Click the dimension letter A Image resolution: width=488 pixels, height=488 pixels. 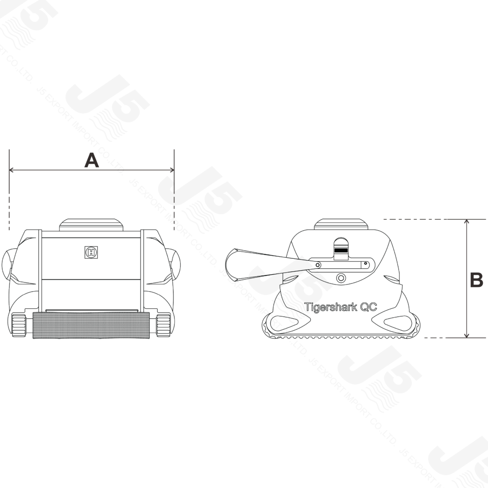click(x=91, y=160)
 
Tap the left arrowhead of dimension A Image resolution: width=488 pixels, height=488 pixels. click(x=11, y=170)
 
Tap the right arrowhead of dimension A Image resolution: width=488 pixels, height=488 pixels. click(x=172, y=170)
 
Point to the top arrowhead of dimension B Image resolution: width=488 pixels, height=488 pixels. click(x=466, y=222)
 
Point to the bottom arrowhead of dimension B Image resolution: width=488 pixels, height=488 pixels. click(x=466, y=335)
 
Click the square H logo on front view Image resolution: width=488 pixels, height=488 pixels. click(x=91, y=252)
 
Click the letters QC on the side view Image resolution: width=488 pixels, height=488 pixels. click(x=368, y=307)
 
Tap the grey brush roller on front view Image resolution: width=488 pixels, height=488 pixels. click(x=91, y=325)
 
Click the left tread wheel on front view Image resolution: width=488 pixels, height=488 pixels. click(x=19, y=325)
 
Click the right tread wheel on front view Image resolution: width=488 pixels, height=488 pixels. click(x=163, y=325)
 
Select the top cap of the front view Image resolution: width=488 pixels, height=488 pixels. click(x=91, y=224)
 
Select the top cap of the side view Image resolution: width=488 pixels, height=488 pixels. click(x=341, y=224)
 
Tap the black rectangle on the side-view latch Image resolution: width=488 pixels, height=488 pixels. click(x=341, y=250)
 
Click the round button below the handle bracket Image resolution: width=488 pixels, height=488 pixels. click(x=341, y=278)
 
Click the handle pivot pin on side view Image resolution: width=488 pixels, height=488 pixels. click(x=317, y=265)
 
